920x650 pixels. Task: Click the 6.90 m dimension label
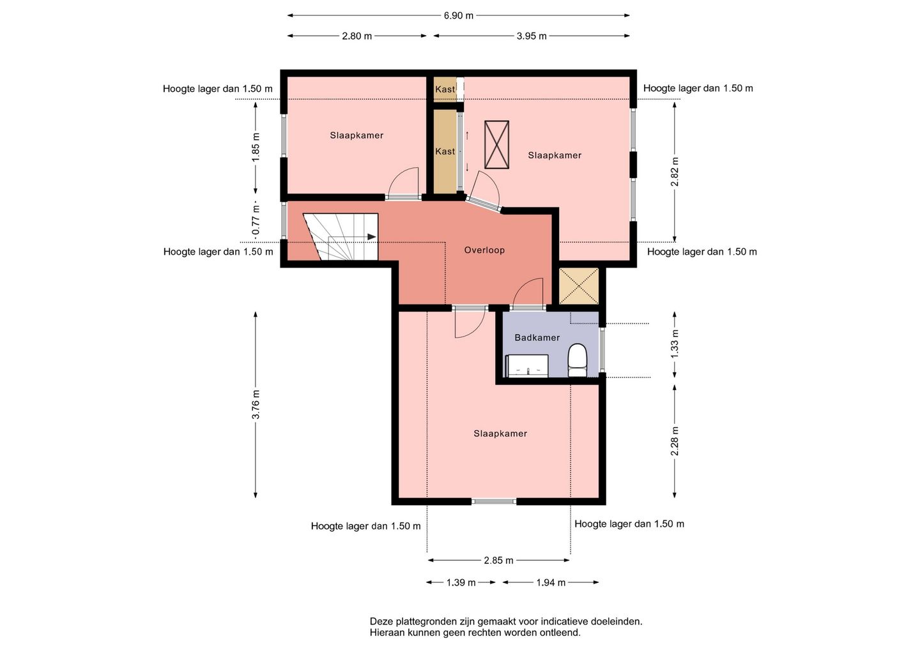point(458,15)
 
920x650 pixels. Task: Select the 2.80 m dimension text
point(357,36)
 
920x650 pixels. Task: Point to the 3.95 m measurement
point(532,36)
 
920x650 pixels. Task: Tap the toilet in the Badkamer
point(578,360)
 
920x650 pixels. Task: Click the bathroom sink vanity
point(527,366)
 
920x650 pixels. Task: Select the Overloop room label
point(484,250)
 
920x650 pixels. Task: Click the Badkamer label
point(537,337)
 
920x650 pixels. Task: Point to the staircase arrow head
point(372,237)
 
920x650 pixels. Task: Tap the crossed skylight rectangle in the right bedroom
point(496,144)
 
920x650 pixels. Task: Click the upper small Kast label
point(445,89)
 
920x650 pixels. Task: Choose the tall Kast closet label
point(445,151)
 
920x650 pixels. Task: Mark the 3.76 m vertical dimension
point(256,405)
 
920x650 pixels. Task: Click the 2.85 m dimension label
point(498,561)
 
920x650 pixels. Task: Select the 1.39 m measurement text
point(461,583)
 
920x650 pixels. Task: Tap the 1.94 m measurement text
point(551,583)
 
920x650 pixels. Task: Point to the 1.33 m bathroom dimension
point(675,344)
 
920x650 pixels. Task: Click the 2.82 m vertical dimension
point(675,172)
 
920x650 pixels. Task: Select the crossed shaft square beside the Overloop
point(579,286)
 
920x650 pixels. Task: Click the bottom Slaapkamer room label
point(500,434)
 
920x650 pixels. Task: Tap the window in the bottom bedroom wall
point(494,501)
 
